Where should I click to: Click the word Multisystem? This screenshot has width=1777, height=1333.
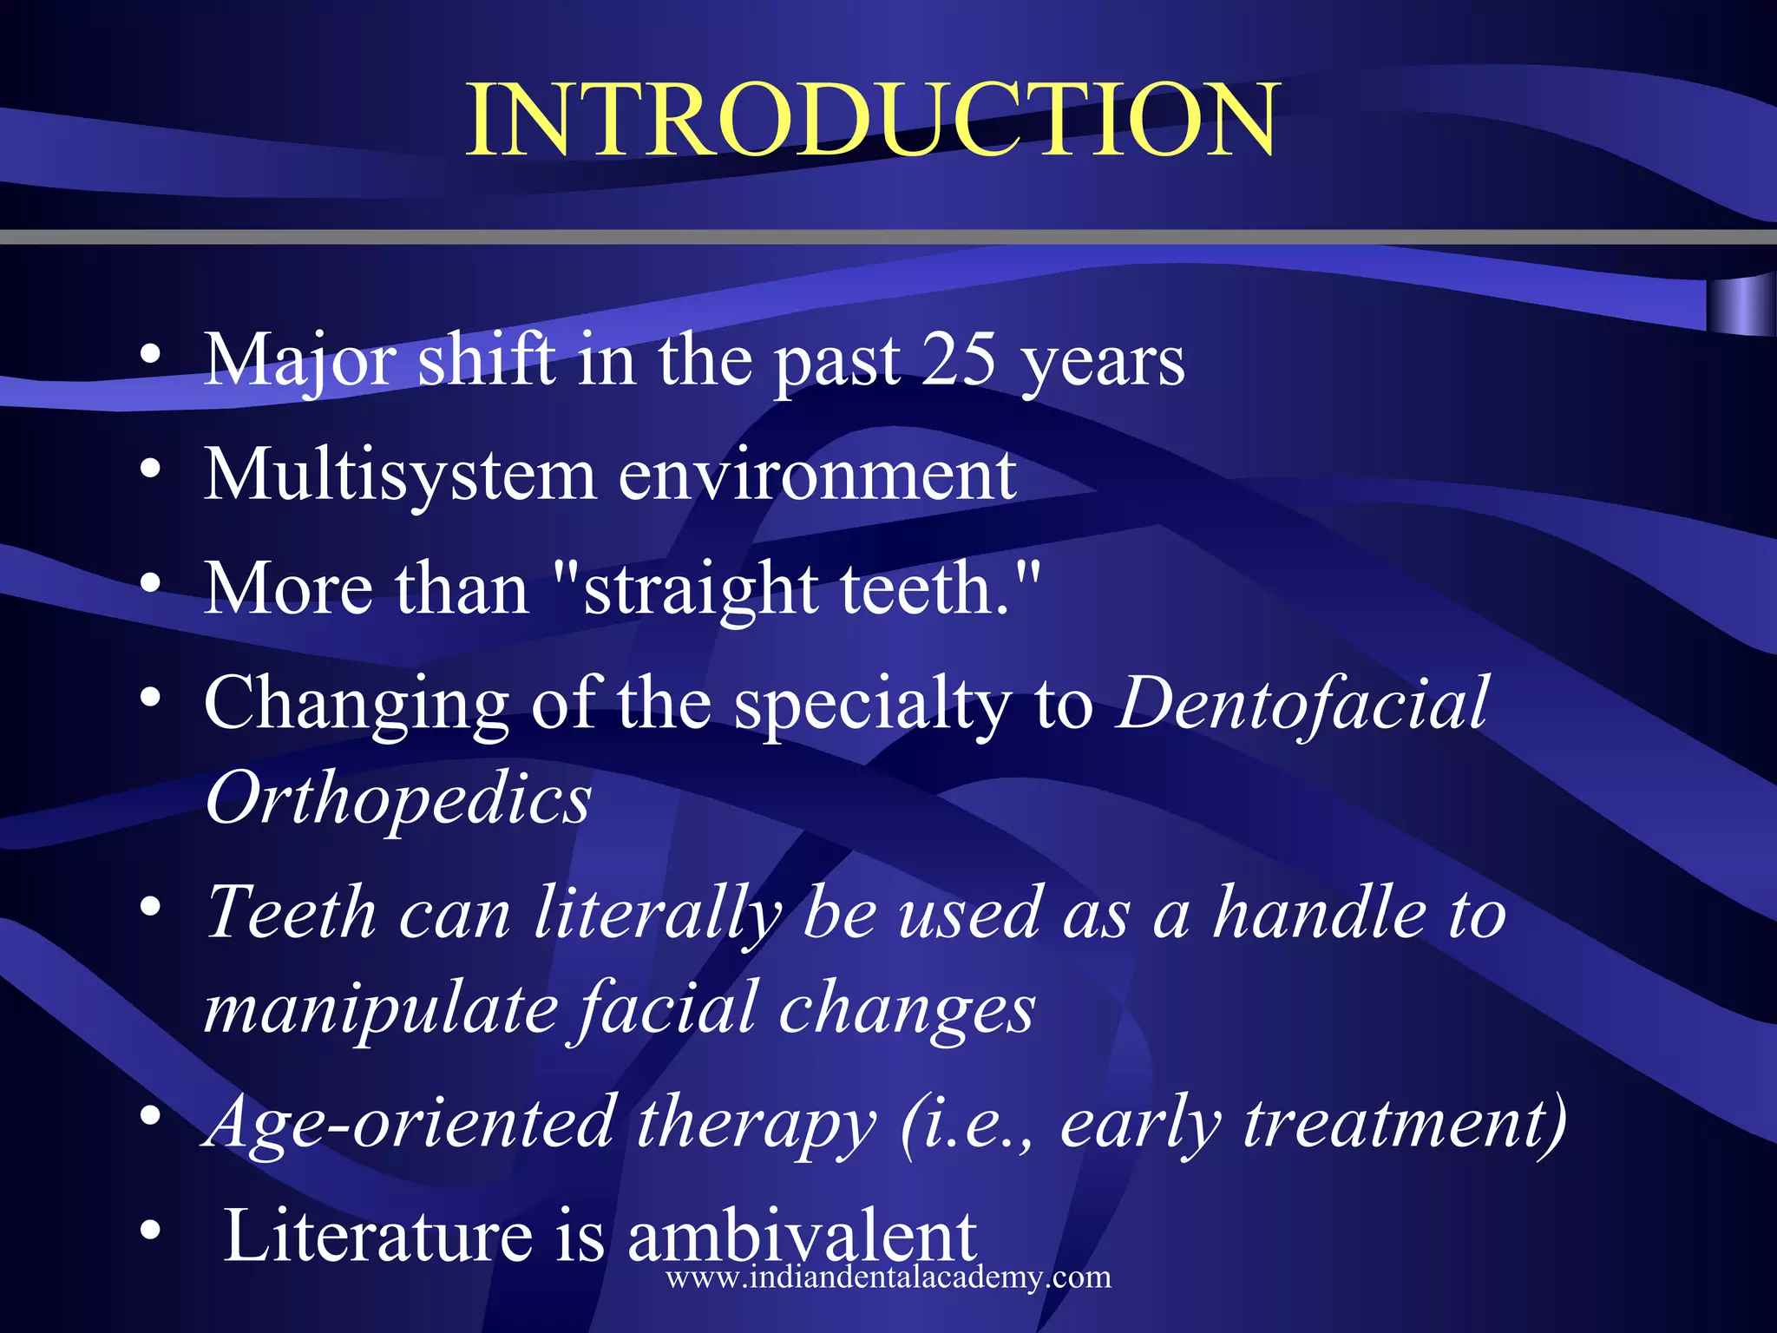click(x=400, y=476)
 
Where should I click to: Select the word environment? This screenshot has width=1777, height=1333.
click(x=817, y=476)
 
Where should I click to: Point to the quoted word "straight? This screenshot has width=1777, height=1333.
click(x=686, y=590)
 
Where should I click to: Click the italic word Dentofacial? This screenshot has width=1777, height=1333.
click(x=1302, y=703)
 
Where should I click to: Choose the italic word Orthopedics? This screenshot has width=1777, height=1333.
click(x=398, y=799)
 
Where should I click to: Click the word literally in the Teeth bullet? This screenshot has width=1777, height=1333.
click(x=657, y=913)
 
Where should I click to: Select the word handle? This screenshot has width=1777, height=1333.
click(x=1319, y=913)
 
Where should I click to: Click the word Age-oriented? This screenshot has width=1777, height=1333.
click(x=408, y=1124)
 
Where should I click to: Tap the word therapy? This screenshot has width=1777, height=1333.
click(x=756, y=1124)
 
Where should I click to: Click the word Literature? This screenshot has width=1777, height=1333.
click(x=377, y=1237)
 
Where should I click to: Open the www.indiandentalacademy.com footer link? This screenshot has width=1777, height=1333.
click(x=888, y=1277)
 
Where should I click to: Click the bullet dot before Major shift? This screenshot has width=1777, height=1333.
click(x=150, y=356)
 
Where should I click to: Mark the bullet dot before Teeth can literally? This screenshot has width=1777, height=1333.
click(x=150, y=908)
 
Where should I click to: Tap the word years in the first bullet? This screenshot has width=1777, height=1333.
click(x=1102, y=363)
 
